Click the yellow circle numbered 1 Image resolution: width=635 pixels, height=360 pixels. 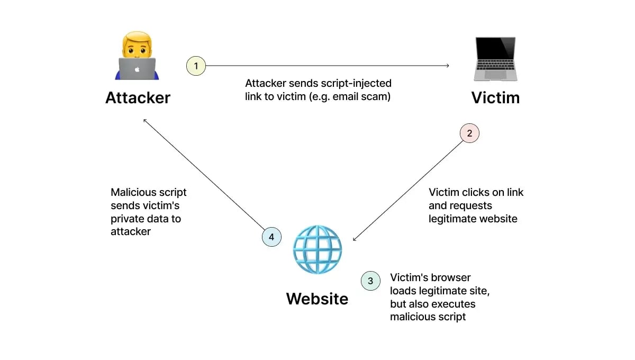point(196,66)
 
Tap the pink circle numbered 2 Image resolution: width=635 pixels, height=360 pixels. point(469,133)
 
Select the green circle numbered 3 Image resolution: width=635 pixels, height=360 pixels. point(370,281)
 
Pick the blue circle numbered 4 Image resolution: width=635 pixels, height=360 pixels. point(271,237)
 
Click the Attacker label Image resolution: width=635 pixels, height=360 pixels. point(138,98)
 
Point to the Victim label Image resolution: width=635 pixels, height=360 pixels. point(495,98)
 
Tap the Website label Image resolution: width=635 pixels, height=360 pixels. point(317,299)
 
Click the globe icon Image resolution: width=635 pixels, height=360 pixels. point(317,250)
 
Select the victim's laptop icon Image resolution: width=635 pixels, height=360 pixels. point(495,58)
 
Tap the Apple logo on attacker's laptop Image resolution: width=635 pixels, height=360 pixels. point(137,69)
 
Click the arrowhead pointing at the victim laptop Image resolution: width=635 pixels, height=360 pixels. point(447,66)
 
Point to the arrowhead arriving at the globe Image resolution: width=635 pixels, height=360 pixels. point(355,239)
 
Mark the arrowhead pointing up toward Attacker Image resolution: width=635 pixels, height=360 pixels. point(145,120)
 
